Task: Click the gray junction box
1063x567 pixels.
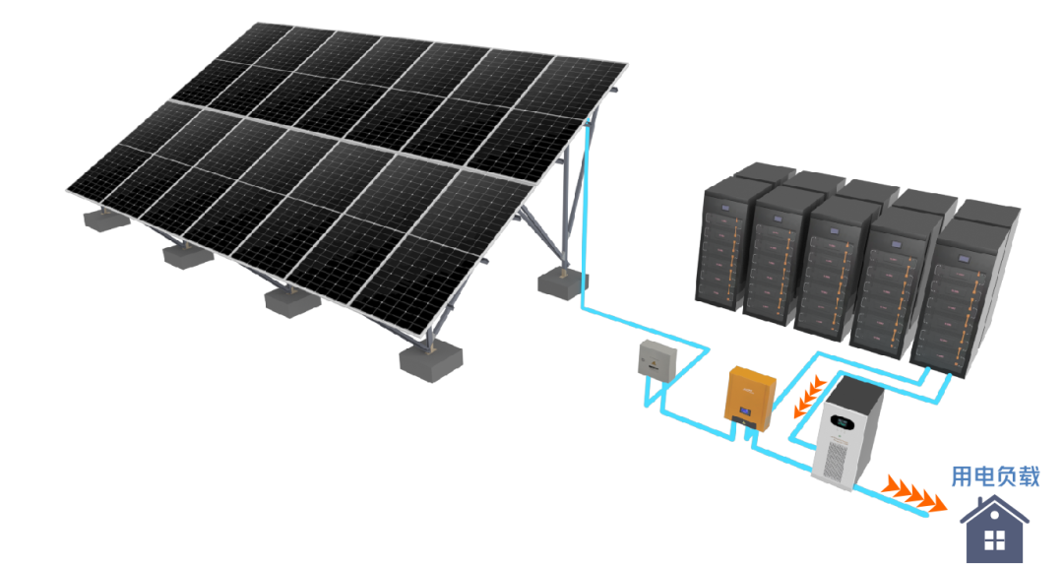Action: pos(657,359)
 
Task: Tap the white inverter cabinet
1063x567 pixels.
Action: pos(847,433)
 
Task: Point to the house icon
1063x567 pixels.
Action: pos(994,529)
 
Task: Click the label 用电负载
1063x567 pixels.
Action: pos(995,476)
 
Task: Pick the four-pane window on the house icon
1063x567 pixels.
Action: pos(994,540)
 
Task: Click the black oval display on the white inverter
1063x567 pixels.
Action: pos(842,424)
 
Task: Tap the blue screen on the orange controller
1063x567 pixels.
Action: pos(745,411)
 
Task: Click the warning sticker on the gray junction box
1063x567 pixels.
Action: pos(654,365)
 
